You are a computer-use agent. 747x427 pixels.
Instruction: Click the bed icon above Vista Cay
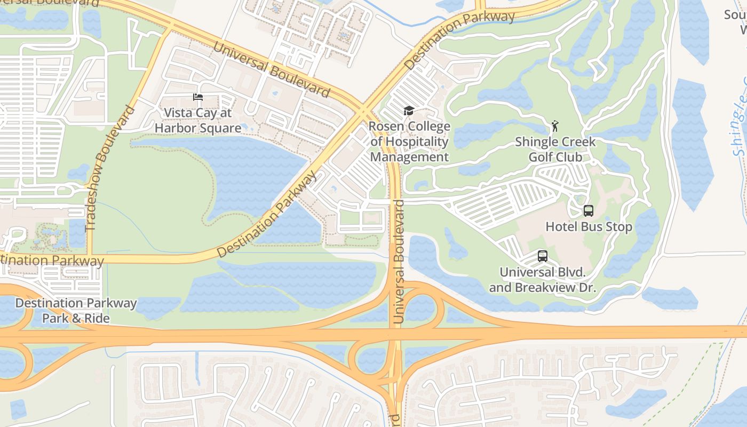(198, 97)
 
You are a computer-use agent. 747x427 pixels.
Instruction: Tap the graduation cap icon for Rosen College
(409, 110)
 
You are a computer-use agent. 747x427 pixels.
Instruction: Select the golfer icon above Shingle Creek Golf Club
(555, 126)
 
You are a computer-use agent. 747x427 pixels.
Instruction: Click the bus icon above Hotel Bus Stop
(588, 210)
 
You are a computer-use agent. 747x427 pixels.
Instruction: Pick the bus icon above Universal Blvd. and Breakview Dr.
(542, 256)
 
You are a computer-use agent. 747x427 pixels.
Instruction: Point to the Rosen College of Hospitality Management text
(409, 141)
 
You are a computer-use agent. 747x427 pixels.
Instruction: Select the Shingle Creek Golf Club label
(555, 149)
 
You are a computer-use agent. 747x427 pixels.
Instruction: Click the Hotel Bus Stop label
(589, 227)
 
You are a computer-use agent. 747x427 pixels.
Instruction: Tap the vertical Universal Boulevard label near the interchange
(399, 262)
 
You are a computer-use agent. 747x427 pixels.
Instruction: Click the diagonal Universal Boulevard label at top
(272, 69)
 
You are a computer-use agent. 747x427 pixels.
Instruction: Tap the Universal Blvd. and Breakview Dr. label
(542, 280)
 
